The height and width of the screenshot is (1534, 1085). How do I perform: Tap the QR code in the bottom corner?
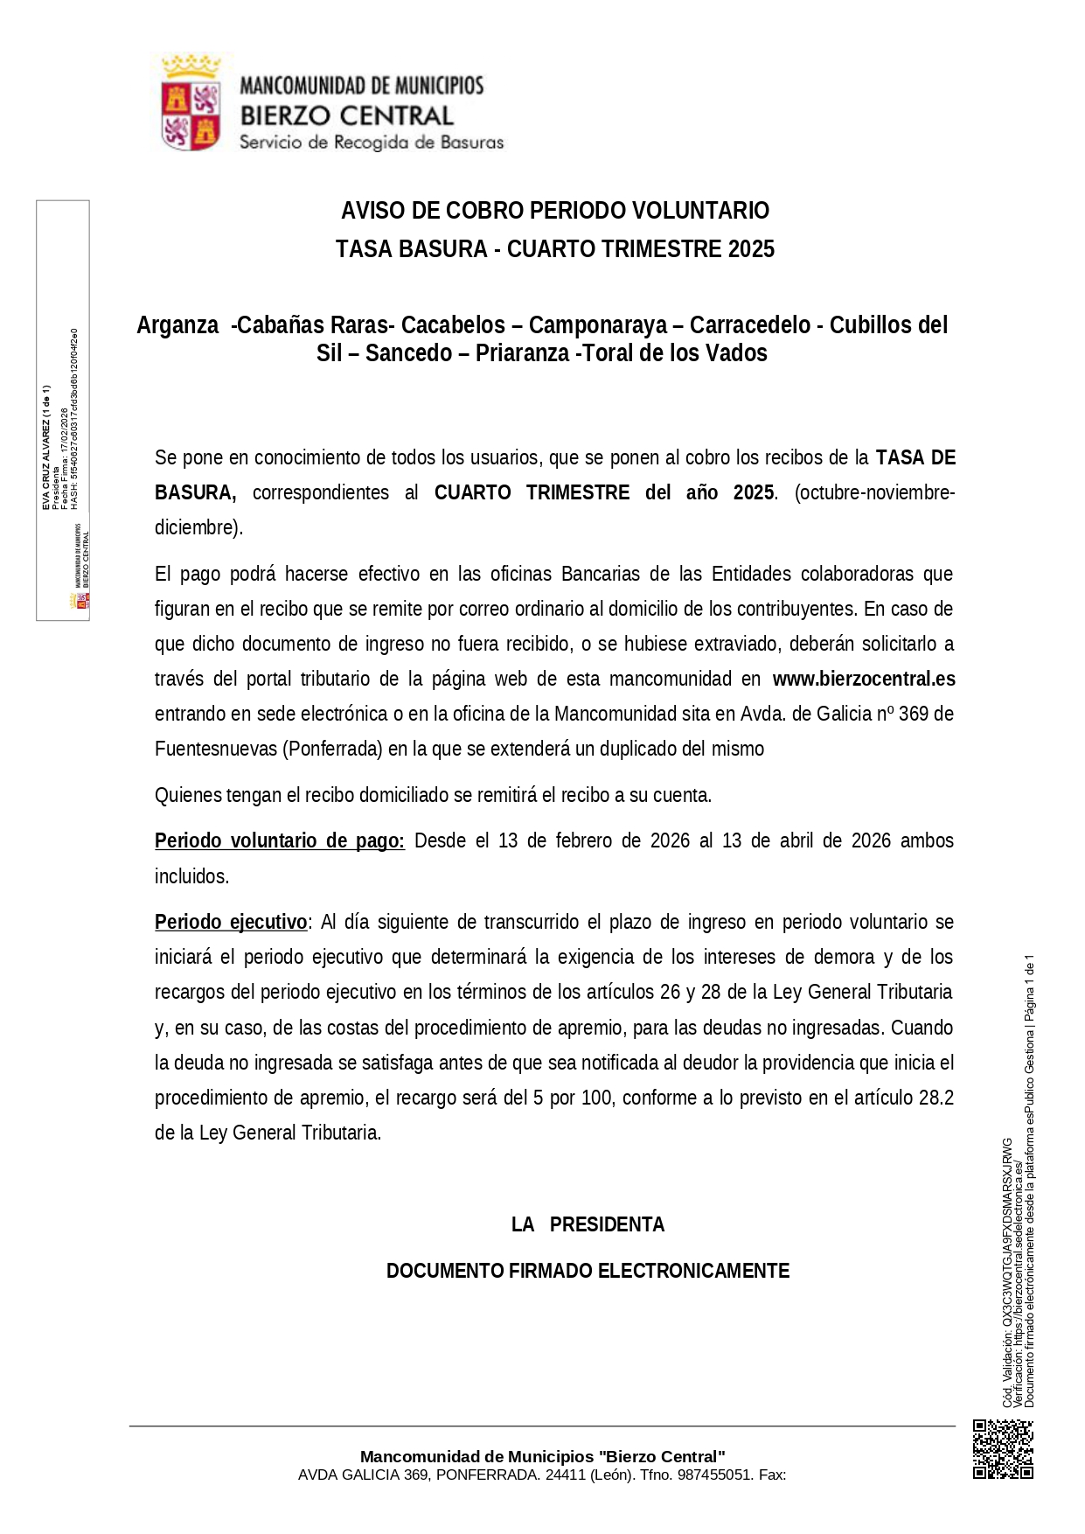tap(1003, 1448)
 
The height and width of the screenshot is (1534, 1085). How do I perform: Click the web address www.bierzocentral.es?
tap(863, 679)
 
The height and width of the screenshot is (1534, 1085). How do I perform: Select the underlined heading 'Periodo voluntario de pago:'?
tap(279, 840)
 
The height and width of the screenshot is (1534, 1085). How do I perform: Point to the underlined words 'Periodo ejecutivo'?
tap(231, 922)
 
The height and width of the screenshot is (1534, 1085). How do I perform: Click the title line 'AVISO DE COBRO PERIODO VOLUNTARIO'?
tap(554, 211)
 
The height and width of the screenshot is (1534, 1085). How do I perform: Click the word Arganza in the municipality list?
tap(177, 325)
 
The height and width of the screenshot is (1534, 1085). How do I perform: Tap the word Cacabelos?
tap(453, 325)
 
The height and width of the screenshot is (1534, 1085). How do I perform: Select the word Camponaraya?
tap(597, 325)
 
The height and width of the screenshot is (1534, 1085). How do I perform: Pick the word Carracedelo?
tap(749, 325)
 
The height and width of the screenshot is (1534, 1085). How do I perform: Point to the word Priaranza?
tap(521, 353)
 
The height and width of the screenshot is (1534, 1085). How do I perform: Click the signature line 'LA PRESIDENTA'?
tap(588, 1224)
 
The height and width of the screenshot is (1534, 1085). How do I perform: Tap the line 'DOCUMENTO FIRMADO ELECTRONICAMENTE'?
tap(588, 1271)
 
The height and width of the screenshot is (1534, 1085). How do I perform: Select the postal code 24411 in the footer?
tap(560, 1475)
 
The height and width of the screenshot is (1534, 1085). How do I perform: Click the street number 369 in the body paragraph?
tap(913, 714)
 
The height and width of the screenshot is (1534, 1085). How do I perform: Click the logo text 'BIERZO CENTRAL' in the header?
tap(346, 115)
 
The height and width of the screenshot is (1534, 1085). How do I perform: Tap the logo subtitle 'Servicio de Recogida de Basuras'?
tap(372, 142)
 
